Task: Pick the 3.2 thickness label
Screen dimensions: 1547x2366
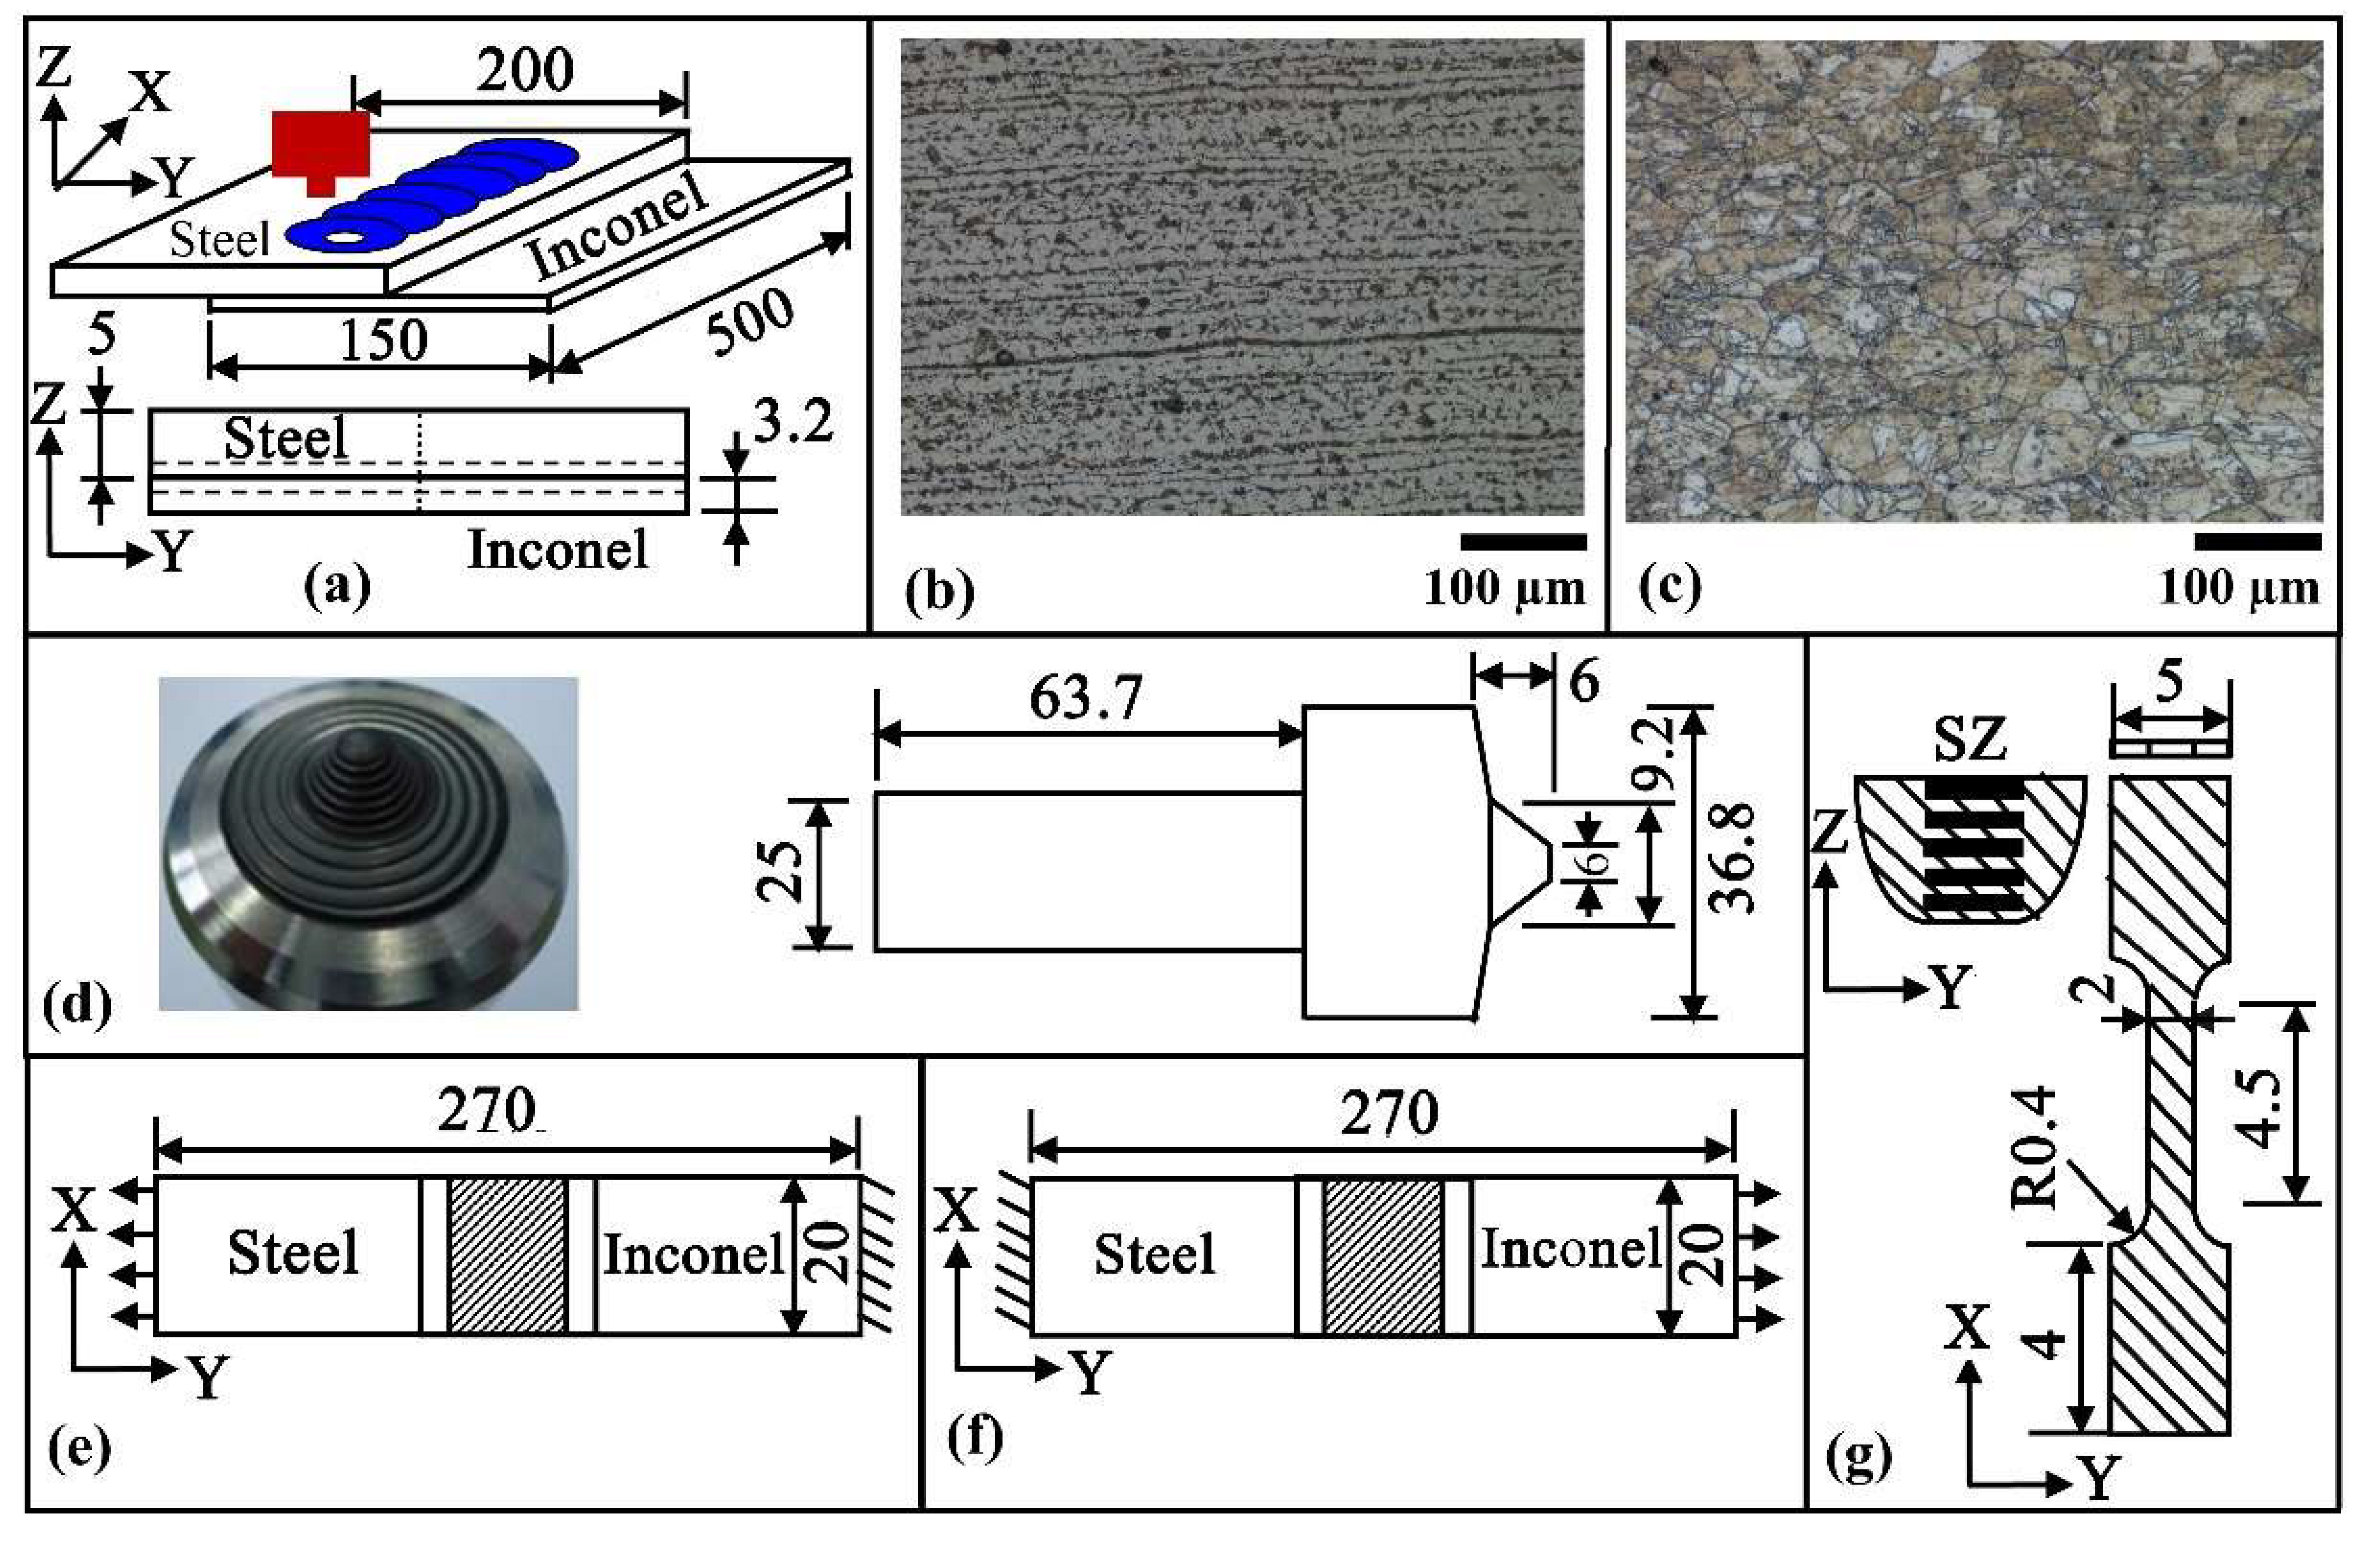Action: pos(792,425)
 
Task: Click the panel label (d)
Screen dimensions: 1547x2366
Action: pos(78,1006)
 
